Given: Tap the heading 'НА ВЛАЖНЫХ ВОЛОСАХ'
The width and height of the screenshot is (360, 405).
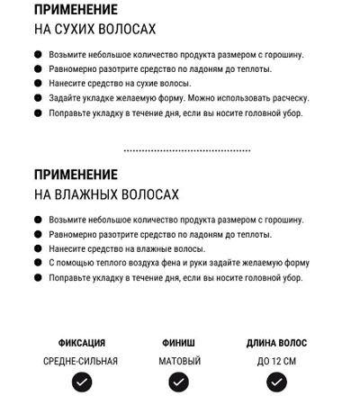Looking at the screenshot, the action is (x=106, y=194).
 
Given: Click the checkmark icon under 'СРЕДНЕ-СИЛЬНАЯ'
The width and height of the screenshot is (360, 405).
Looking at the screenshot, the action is (x=81, y=382).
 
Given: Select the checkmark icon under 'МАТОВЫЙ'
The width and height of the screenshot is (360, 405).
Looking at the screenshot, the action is (x=179, y=382).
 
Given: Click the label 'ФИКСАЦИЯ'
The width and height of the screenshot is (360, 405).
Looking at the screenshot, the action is (x=81, y=343).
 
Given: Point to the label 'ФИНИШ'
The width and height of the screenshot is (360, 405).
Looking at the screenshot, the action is (x=179, y=343).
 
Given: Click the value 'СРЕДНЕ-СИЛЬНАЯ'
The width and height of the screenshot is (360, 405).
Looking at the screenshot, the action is (x=81, y=361).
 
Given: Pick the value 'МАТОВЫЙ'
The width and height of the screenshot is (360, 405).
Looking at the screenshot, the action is (x=179, y=361).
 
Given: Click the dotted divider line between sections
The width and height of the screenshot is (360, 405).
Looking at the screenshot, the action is (x=186, y=150).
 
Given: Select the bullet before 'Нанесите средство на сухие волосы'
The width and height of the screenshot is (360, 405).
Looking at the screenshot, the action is (x=38, y=84).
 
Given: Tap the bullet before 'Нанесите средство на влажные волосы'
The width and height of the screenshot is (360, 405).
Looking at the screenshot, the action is (x=38, y=248).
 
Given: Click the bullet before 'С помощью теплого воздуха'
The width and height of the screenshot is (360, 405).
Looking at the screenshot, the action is (x=38, y=263).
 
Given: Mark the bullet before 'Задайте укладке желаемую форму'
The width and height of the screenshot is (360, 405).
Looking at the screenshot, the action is (x=38, y=98).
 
